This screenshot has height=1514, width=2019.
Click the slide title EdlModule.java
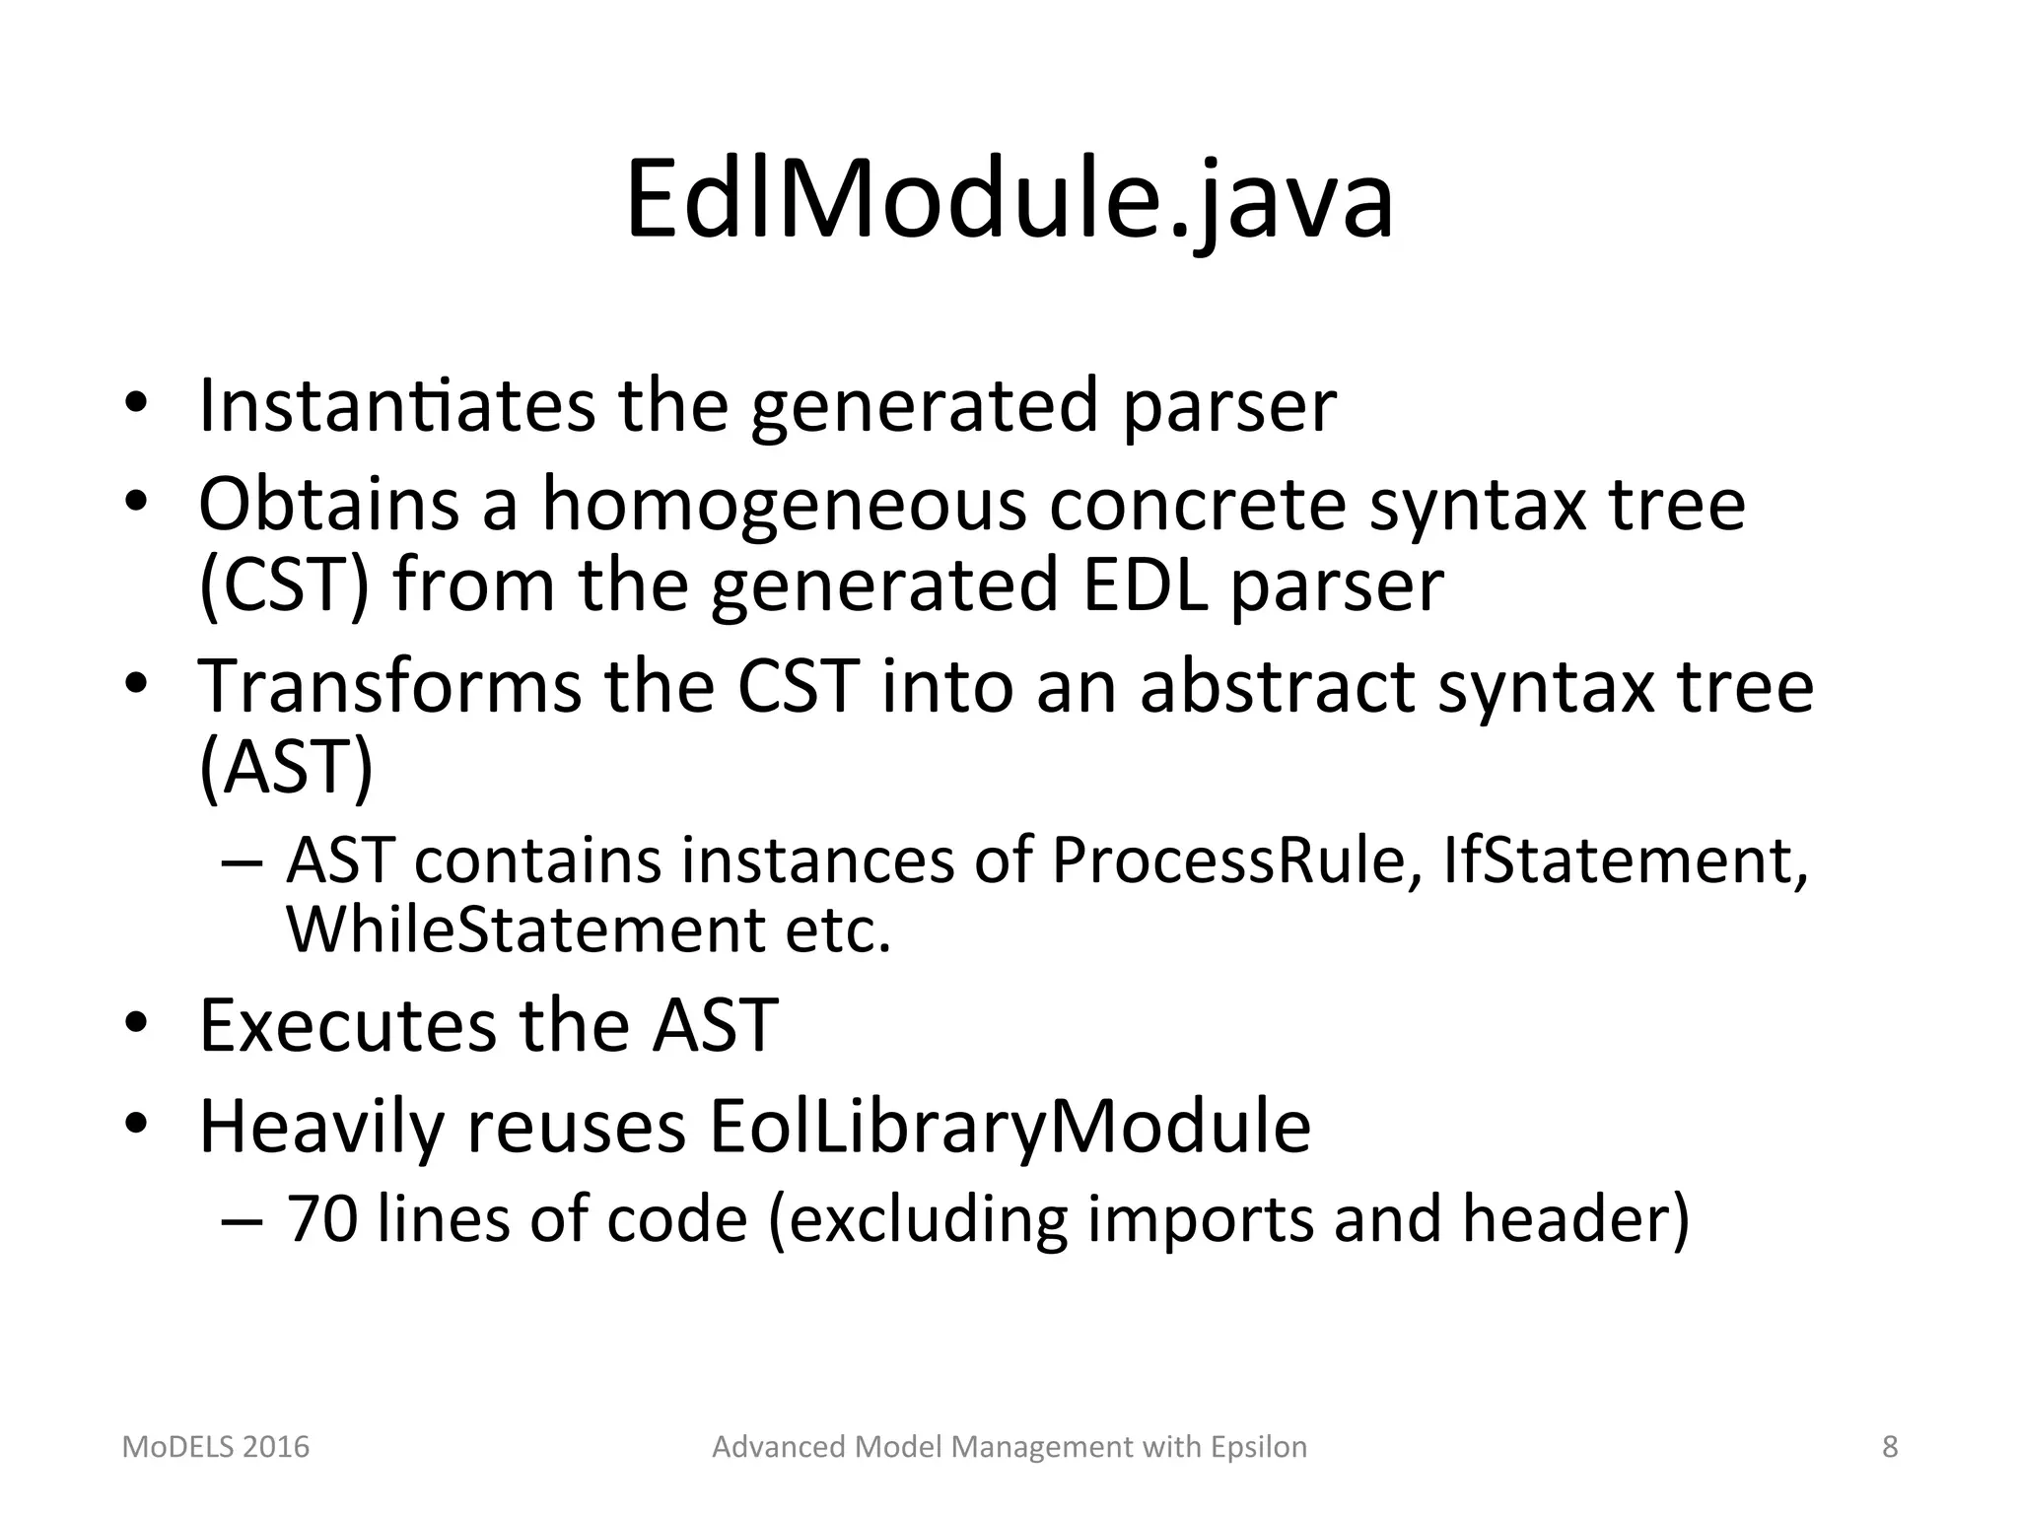click(x=1009, y=202)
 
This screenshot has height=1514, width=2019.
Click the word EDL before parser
click(x=1145, y=585)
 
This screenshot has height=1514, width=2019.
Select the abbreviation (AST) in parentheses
click(x=286, y=768)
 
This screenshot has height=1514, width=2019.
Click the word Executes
click(x=347, y=1026)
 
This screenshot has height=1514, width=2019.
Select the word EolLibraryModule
click(x=1009, y=1127)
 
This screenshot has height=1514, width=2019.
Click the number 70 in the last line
click(x=321, y=1219)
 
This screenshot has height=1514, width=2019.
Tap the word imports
click(x=1199, y=1219)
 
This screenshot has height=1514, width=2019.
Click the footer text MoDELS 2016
click(x=215, y=1447)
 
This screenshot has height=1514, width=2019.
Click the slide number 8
click(x=1890, y=1447)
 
